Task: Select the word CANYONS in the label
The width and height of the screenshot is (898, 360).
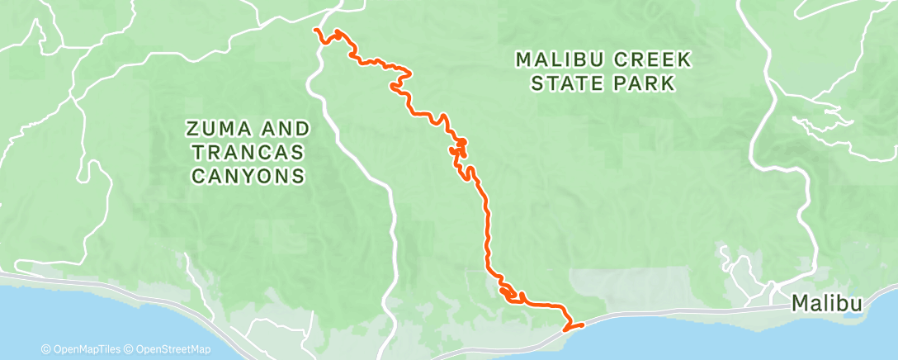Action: pyautogui.click(x=248, y=176)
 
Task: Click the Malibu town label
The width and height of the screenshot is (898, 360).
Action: pyautogui.click(x=828, y=305)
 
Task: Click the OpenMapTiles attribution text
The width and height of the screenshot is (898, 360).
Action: pyautogui.click(x=83, y=349)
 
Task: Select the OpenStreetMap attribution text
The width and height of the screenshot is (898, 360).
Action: pyautogui.click(x=172, y=349)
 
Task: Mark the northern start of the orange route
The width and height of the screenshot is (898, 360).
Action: pyautogui.click(x=315, y=30)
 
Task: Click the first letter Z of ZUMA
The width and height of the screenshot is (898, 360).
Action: pyautogui.click(x=192, y=129)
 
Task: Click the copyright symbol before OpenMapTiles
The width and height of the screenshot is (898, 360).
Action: pyautogui.click(x=47, y=349)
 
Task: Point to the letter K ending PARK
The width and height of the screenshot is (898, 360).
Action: pyautogui.click(x=669, y=83)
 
